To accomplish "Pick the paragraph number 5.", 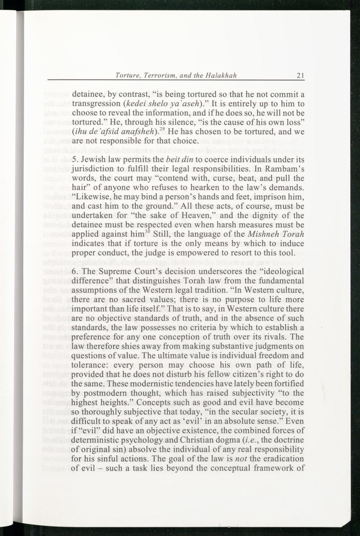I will click(x=75, y=160).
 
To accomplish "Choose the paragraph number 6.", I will click(x=75, y=272).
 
